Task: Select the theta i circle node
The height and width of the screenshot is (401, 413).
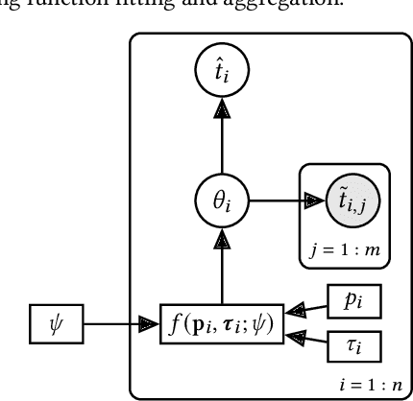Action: [222, 200]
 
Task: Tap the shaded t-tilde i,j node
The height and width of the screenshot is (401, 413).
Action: [343, 200]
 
